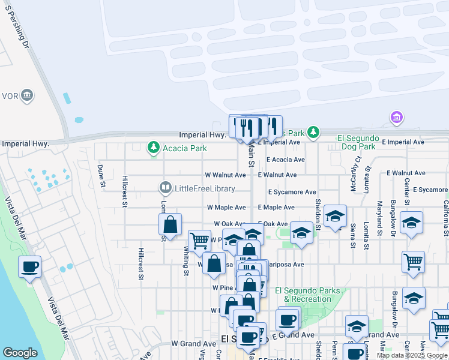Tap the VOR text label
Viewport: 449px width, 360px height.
pyautogui.click(x=10, y=95)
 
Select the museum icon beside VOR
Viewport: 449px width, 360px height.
pyautogui.click(x=27, y=95)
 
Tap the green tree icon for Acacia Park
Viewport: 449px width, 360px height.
pyautogui.click(x=154, y=147)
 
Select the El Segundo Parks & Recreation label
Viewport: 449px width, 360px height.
pyautogui.click(x=303, y=295)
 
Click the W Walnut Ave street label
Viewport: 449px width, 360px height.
pyautogui.click(x=225, y=175)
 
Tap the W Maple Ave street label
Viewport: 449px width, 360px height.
pyautogui.click(x=226, y=207)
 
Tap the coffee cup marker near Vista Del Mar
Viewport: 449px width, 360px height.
pyautogui.click(x=29, y=268)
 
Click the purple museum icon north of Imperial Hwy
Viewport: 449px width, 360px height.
pyautogui.click(x=396, y=117)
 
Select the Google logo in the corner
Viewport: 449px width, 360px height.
pyautogui.click(x=20, y=353)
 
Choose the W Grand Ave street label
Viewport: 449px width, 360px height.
pyautogui.click(x=193, y=344)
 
